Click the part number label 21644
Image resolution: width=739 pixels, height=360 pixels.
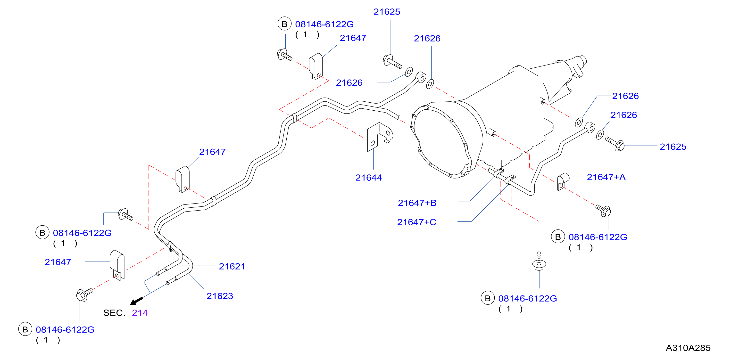pyautogui.click(x=369, y=178)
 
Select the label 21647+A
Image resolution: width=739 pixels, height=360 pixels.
pyautogui.click(x=606, y=177)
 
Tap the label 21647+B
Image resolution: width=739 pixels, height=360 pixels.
pyautogui.click(x=417, y=203)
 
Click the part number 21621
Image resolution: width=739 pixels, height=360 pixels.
pyautogui.click(x=232, y=267)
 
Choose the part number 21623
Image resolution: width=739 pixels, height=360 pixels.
pyautogui.click(x=220, y=296)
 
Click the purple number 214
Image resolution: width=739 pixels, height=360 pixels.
pyautogui.click(x=140, y=313)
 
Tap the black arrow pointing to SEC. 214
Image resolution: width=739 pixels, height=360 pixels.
pyautogui.click(x=137, y=301)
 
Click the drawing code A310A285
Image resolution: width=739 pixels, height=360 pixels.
pyautogui.click(x=688, y=348)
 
